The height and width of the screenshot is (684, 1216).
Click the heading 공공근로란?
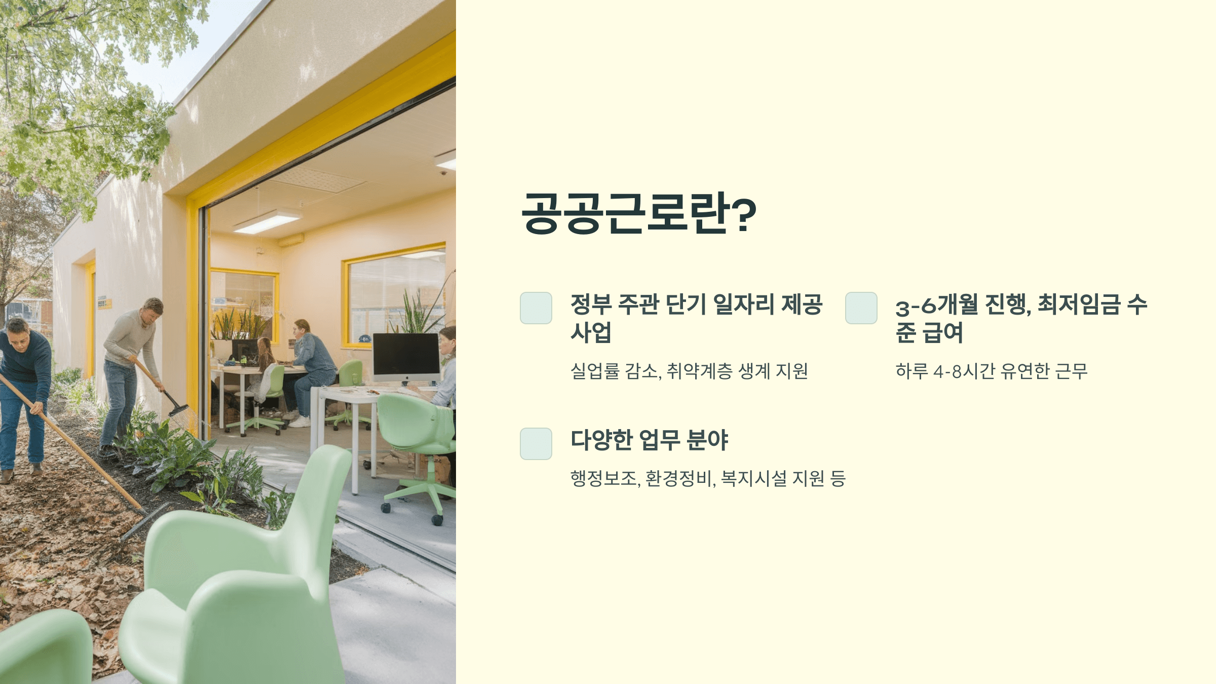coord(638,213)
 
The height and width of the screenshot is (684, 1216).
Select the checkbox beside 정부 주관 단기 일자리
coord(536,308)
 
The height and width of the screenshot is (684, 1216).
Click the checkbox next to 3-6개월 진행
coord(861,308)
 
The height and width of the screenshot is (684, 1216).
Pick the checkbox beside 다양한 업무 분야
coord(536,444)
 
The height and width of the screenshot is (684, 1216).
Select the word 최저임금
coord(1079,305)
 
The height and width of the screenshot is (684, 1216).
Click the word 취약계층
coord(699,372)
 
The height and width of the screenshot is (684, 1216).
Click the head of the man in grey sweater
coord(153,308)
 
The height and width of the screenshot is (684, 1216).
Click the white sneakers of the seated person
coord(300,422)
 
